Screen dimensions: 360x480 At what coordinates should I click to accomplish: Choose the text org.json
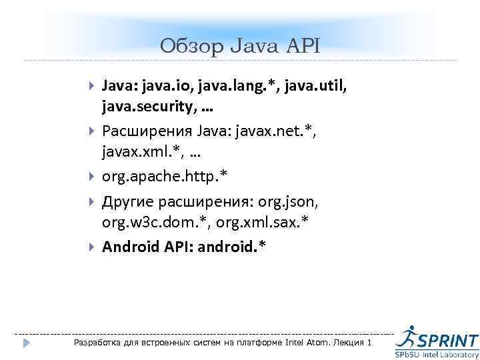[x=289, y=201]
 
